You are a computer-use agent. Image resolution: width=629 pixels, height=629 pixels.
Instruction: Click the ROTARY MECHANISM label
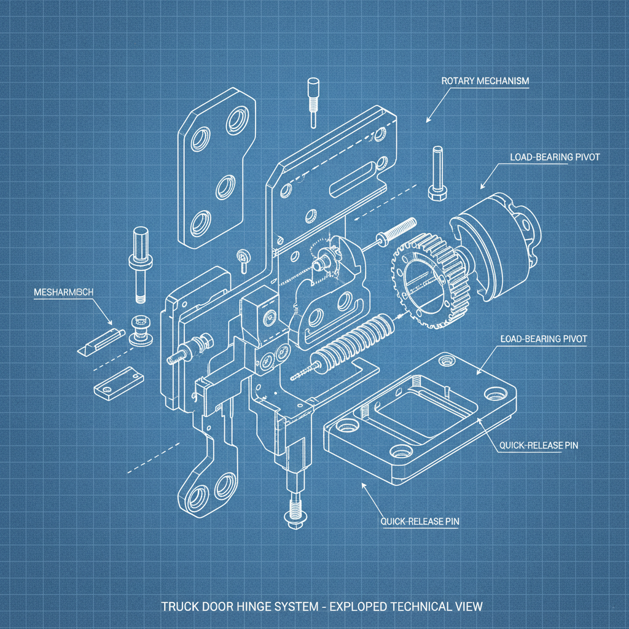(x=485, y=81)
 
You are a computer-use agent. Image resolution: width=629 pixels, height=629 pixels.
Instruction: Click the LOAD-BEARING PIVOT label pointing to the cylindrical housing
(x=554, y=157)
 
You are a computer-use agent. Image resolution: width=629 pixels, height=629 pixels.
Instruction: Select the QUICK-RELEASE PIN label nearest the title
(x=420, y=522)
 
